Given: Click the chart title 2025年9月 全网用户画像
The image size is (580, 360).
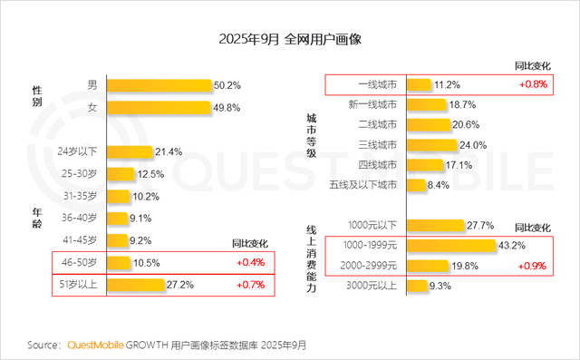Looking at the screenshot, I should pyautogui.click(x=289, y=40).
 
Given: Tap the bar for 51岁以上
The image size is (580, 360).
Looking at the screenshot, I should pyautogui.click(x=136, y=285).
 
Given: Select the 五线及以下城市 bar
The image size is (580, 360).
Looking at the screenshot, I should pyautogui.click(x=416, y=185).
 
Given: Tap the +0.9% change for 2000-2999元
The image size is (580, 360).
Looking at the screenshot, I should pyautogui.click(x=531, y=267).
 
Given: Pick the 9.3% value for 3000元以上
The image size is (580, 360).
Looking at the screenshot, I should pyautogui.click(x=440, y=287).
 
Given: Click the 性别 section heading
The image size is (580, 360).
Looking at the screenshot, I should pyautogui.click(x=37, y=96).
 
